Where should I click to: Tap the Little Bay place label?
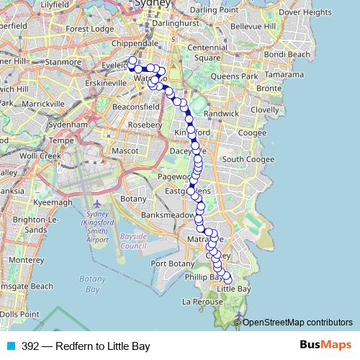pos(234,289)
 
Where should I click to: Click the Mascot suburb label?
pos(125,152)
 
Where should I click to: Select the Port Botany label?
pos(169,264)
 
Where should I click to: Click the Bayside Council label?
pos(133,240)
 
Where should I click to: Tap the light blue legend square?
pos(10,346)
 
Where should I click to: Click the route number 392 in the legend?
pos(30,346)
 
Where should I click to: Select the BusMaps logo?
pos(325,346)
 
